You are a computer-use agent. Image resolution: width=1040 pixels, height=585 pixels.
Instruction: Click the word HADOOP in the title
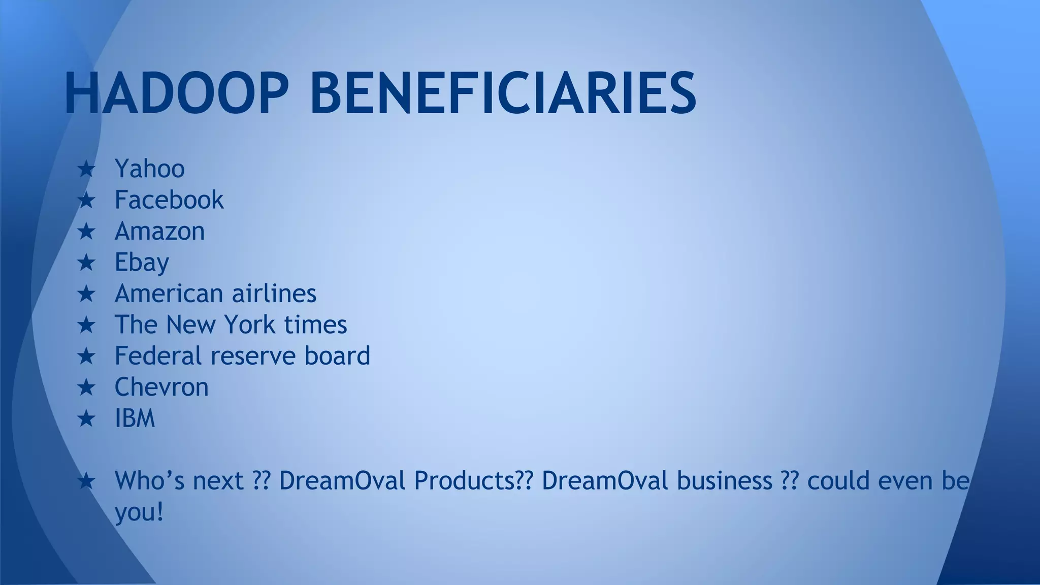[x=176, y=93]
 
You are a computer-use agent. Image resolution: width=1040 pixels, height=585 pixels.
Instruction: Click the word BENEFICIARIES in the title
[x=503, y=93]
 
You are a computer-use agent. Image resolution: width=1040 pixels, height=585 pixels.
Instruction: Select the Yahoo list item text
[x=149, y=169]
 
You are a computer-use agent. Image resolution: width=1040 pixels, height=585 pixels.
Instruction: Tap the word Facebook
[x=169, y=200]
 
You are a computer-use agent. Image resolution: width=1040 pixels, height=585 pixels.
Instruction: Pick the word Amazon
[x=159, y=231]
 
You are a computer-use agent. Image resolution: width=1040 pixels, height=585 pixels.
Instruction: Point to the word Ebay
[x=142, y=263]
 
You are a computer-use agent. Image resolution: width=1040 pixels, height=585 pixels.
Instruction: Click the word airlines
[x=274, y=294]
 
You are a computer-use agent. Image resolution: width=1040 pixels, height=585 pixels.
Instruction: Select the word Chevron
[x=161, y=387]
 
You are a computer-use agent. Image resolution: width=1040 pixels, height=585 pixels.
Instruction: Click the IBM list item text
[x=135, y=418]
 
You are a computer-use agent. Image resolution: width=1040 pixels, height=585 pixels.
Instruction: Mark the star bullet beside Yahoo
[x=86, y=169]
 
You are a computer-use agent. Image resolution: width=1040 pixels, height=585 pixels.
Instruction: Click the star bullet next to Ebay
[x=86, y=263]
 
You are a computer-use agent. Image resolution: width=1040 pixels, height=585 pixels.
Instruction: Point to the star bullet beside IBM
[x=86, y=419]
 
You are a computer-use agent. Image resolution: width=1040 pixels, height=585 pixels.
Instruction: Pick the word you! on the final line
[x=139, y=512]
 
